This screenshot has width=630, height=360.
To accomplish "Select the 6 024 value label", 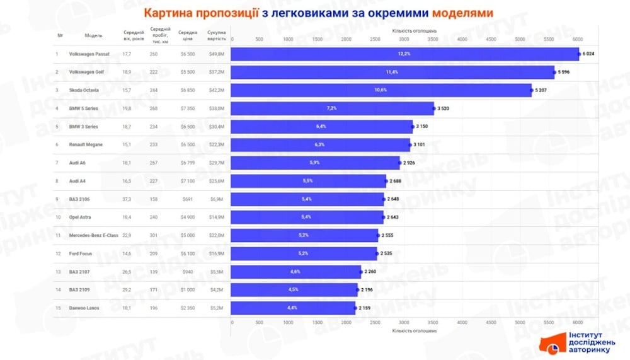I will [588, 54].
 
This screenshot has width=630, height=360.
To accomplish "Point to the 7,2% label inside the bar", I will [331, 108].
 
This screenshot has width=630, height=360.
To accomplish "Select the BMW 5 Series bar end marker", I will [434, 108].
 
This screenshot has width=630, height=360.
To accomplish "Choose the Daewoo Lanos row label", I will [84, 308].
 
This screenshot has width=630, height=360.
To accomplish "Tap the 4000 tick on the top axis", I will [462, 39].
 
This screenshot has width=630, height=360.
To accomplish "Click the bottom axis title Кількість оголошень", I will [414, 330].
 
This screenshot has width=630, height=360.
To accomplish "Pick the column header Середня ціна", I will [188, 35].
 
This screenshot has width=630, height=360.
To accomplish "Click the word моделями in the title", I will [466, 13].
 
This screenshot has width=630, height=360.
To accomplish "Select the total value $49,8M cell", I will [217, 54].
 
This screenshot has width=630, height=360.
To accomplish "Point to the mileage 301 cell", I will [154, 236].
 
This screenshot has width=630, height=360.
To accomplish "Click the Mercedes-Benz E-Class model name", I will [94, 236].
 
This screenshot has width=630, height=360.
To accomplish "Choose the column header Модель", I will [93, 35].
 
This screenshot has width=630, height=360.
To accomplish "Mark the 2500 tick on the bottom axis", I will [375, 322].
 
